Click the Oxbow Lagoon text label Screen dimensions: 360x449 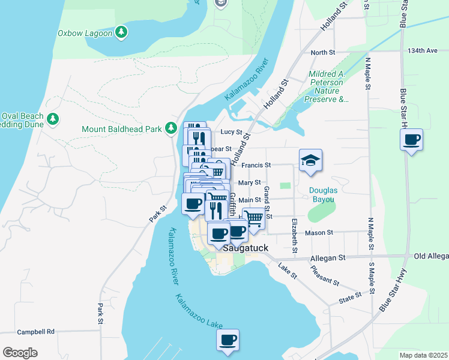85,33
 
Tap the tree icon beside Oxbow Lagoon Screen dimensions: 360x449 122,32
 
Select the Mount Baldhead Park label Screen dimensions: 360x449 122,129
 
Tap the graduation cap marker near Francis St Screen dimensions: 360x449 310,160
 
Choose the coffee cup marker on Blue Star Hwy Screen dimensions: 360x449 411,140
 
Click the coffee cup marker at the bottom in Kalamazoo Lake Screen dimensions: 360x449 228,340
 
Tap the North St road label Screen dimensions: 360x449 323,53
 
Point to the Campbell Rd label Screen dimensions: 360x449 35,331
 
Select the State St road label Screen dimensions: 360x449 350,295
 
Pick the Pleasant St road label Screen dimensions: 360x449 324,274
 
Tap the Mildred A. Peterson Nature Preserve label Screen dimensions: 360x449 328,87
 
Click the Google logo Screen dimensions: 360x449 20,352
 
